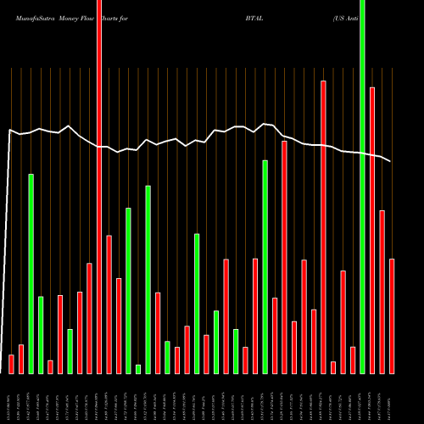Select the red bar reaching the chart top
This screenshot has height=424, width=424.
(99, 187)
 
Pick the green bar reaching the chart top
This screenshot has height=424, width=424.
(362, 187)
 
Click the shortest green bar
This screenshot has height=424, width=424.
(138, 369)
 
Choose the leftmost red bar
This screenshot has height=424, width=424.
(12, 364)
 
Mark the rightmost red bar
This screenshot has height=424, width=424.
(392, 315)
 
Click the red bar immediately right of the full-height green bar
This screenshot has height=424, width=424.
(372, 230)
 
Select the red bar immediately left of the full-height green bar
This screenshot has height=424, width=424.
(353, 360)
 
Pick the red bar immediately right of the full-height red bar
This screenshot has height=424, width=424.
(109, 304)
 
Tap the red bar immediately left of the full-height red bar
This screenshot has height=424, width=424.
(90, 318)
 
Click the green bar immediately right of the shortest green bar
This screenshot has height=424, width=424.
(148, 279)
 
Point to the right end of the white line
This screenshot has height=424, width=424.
(391, 161)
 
